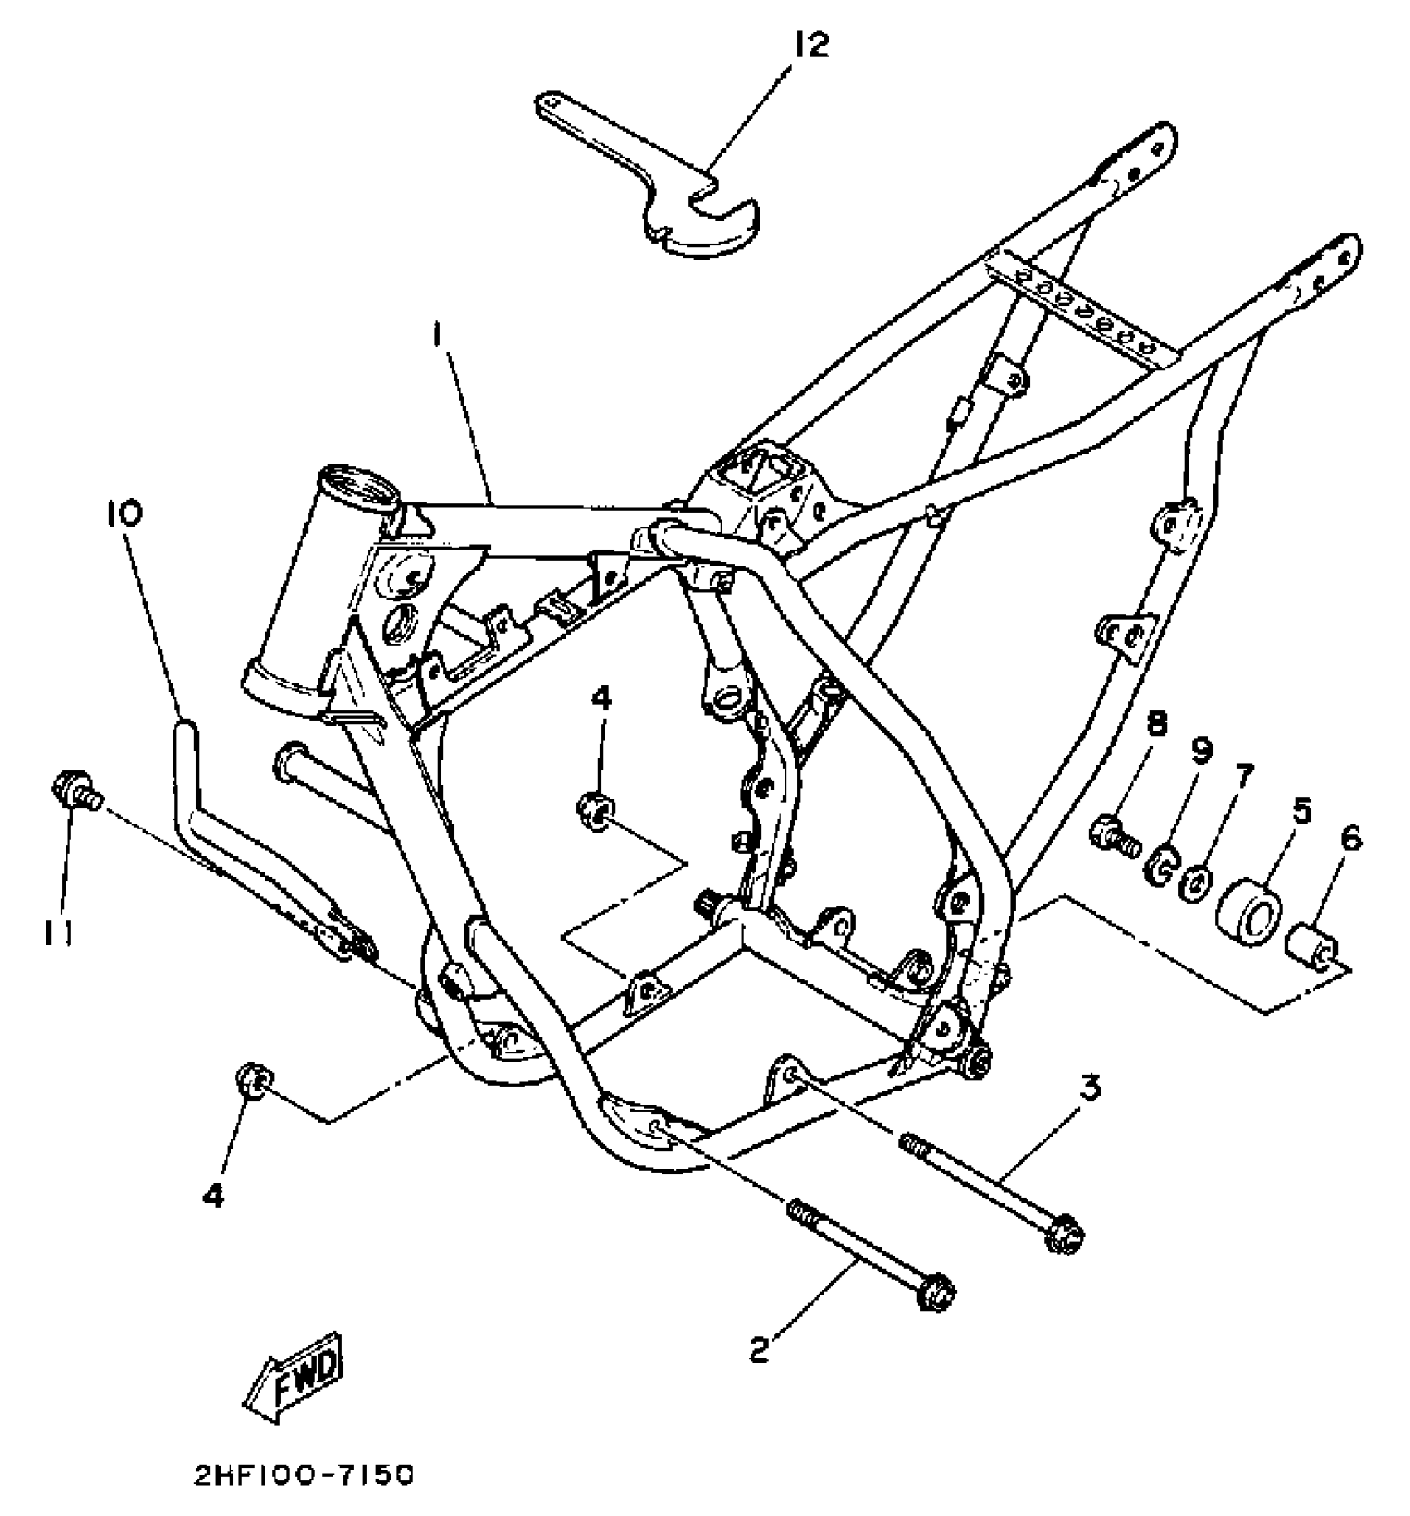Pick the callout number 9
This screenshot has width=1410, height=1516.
tap(1201, 751)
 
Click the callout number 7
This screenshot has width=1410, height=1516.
tap(1244, 776)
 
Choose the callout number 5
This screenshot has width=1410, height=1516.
tap(1302, 810)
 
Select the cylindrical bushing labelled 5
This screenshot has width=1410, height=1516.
tap(1247, 915)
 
